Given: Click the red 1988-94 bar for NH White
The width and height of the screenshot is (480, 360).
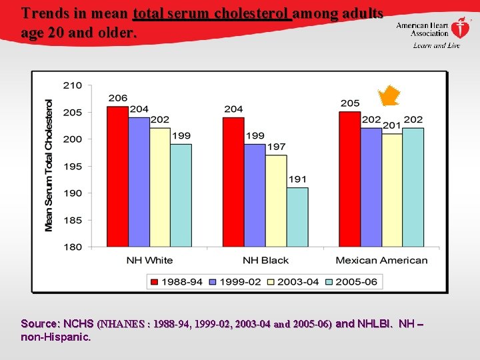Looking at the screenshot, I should coord(118,177).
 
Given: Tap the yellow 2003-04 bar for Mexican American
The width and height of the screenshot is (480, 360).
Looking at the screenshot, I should coord(392,191).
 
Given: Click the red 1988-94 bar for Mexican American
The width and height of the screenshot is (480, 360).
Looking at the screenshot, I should coord(349,179).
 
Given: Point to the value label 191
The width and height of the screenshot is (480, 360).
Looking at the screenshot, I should coord(297,179).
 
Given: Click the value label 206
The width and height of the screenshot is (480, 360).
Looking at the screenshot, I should coord(118,98).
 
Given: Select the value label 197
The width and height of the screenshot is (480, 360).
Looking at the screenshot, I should coord(276,147).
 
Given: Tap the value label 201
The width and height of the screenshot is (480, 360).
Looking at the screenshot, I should coord(392,125).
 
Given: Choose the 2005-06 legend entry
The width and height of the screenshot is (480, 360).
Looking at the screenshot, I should coord(351,281).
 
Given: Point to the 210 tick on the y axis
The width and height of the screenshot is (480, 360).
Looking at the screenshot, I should coord(73,85).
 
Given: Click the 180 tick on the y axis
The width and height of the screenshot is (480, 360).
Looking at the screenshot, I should coord(73,247).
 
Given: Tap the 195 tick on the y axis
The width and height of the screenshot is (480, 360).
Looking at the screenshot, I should coord(73,166).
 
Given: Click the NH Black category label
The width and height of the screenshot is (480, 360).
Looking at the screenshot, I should coord(265,260).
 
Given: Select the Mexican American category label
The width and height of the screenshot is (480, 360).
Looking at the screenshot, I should coord(381,260).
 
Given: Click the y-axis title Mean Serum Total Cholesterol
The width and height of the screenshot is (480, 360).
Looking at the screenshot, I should coord(49,165).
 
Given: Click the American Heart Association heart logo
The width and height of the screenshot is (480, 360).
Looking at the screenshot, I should coord(460,28).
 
